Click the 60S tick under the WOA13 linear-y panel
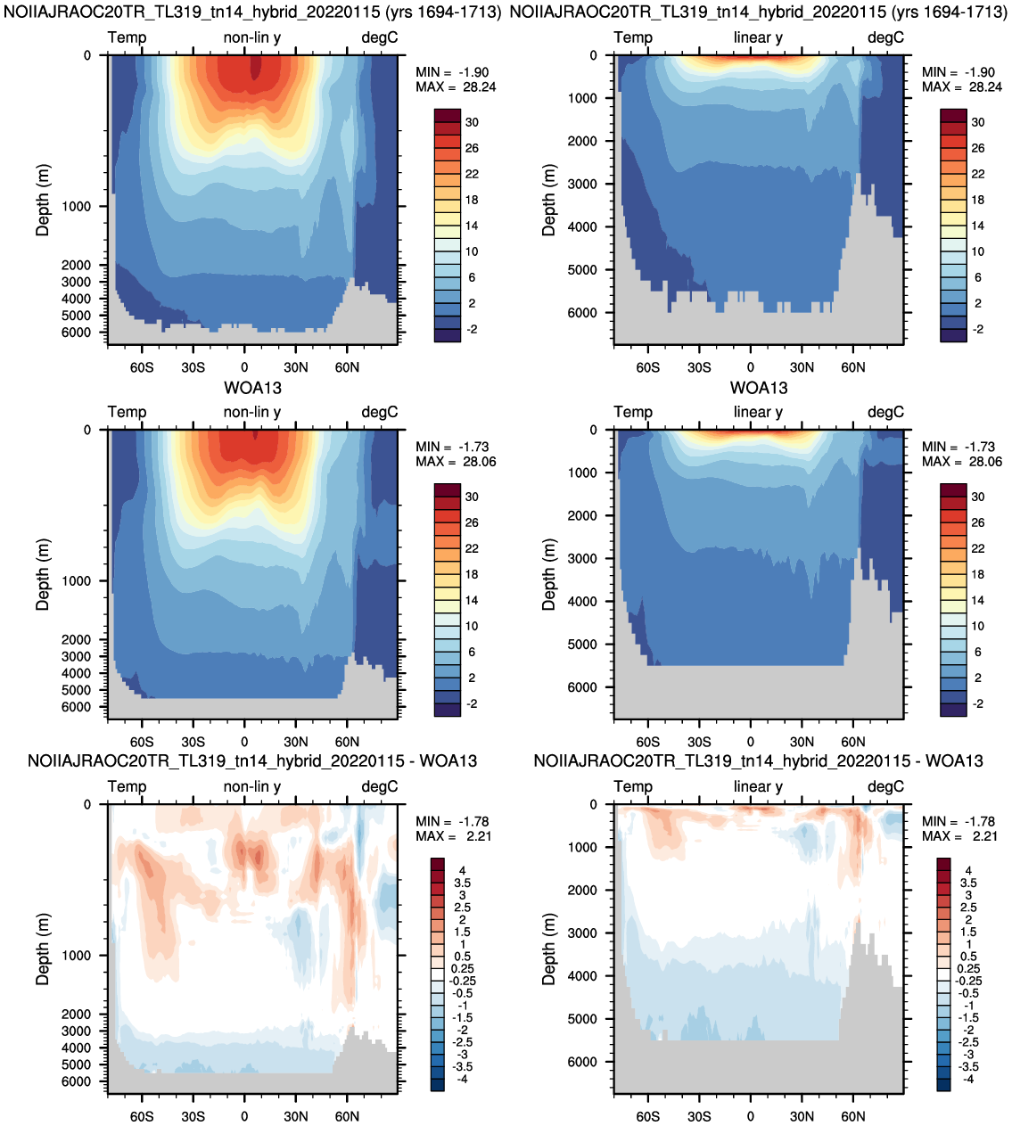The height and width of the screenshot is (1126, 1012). tap(647, 742)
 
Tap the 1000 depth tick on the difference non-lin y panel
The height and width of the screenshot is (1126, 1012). tap(76, 956)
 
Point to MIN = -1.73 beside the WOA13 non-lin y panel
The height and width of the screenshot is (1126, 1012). tap(452, 447)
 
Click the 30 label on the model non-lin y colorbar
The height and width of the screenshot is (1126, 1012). tap(472, 122)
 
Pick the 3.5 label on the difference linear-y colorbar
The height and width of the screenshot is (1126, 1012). tap(968, 883)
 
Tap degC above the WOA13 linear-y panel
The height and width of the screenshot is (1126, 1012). tap(885, 412)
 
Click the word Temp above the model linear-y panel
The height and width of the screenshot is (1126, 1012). tap(633, 37)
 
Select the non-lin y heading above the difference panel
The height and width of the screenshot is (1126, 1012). tap(252, 786)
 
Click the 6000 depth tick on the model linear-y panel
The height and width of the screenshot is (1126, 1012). tap(582, 313)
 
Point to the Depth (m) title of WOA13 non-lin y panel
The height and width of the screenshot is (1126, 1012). tap(43, 574)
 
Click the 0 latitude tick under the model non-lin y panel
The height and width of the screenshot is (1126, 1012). tap(244, 367)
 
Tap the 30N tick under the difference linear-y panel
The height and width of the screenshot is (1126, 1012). tap(802, 1116)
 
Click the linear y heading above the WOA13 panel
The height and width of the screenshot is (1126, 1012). tap(758, 412)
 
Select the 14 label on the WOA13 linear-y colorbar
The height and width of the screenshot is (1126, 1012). tap(978, 600)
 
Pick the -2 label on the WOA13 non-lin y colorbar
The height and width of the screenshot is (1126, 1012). tap(472, 703)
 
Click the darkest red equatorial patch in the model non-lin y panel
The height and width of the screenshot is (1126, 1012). tap(256, 68)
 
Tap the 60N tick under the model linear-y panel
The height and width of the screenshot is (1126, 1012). tap(852, 367)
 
